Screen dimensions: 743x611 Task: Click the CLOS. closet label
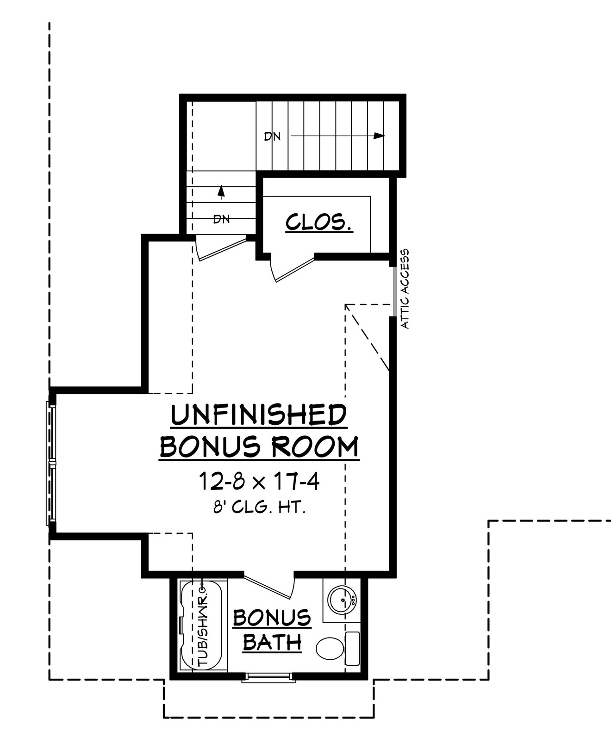(x=318, y=222)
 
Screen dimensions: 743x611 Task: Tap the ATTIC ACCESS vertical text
(x=405, y=289)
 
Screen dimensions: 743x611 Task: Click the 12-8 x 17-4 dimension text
(x=259, y=482)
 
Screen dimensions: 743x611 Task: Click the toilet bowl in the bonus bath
(x=330, y=648)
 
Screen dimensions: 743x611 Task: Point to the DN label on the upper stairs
(x=272, y=136)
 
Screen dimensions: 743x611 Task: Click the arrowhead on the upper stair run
(x=379, y=136)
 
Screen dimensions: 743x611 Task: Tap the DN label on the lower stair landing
(x=221, y=219)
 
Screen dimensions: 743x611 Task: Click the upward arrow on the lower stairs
(x=221, y=191)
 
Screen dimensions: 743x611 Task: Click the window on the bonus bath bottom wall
(x=269, y=678)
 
